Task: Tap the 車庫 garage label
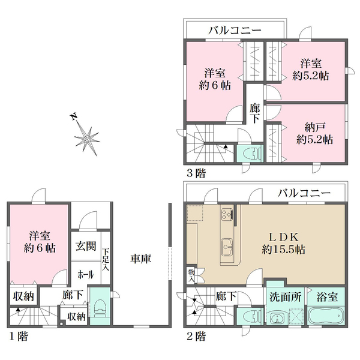pyautogui.click(x=141, y=259)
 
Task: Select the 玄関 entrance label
pyautogui.click(x=86, y=246)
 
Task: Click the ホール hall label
pyautogui.click(x=86, y=274)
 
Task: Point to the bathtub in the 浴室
pyautogui.click(x=326, y=315)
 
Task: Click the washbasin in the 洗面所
pyautogui.click(x=277, y=319)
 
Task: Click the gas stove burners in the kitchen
pyautogui.click(x=227, y=215)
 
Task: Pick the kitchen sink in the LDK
pyautogui.click(x=227, y=247)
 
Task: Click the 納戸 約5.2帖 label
pyautogui.click(x=314, y=133)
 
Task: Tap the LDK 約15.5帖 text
pyautogui.click(x=284, y=244)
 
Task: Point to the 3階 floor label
pyautogui.click(x=196, y=173)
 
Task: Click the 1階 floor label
pyautogui.click(x=19, y=337)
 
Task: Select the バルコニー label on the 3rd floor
pyautogui.click(x=235, y=31)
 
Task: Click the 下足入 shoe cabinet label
pyautogui.click(x=106, y=259)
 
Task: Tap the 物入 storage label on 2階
pyautogui.click(x=191, y=275)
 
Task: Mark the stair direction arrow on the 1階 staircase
pyautogui.click(x=18, y=309)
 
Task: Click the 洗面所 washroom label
pyautogui.click(x=285, y=297)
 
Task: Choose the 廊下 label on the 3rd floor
pyautogui.click(x=254, y=113)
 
